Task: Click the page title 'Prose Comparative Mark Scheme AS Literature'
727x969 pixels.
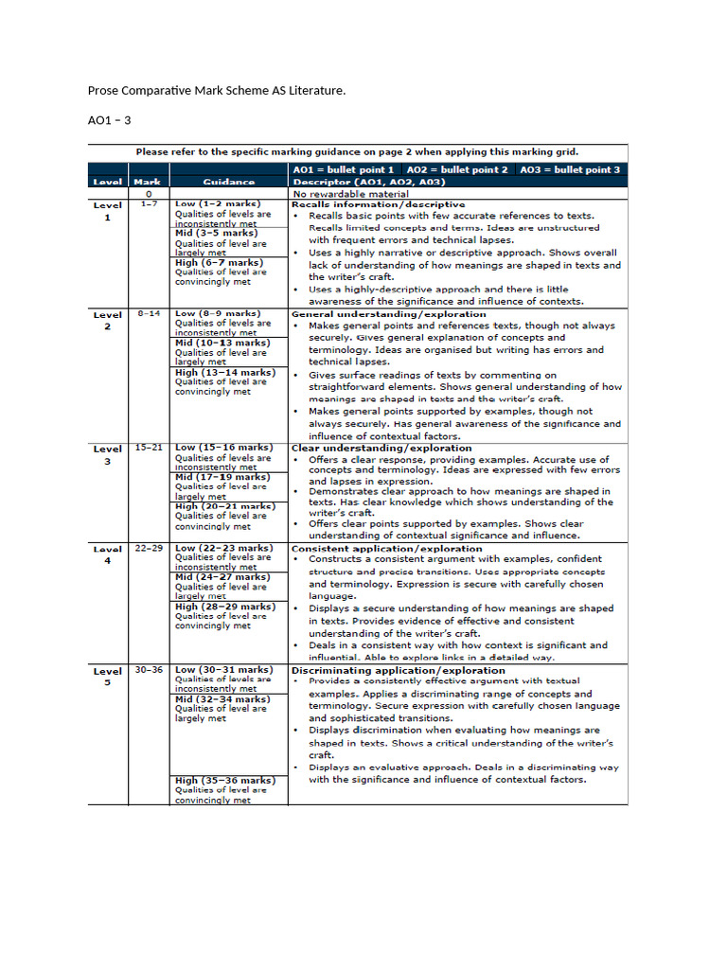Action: (x=217, y=91)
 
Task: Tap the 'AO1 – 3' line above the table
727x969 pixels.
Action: (x=109, y=120)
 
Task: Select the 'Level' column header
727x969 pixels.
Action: (x=107, y=182)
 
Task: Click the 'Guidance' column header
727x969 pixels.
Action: (x=228, y=182)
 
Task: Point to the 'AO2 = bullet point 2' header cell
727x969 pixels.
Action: (x=457, y=169)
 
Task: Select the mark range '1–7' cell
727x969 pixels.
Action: (x=150, y=204)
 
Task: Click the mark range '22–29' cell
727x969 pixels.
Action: (x=150, y=548)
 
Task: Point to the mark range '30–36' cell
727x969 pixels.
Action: (x=150, y=670)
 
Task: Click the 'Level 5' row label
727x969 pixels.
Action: (x=107, y=676)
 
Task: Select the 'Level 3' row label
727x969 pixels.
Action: (x=107, y=454)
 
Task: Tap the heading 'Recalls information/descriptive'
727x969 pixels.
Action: (x=378, y=204)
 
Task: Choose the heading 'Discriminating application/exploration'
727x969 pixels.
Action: (x=398, y=670)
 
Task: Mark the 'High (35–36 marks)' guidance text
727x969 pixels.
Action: (x=225, y=781)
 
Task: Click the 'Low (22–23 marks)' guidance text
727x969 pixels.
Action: (x=223, y=548)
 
